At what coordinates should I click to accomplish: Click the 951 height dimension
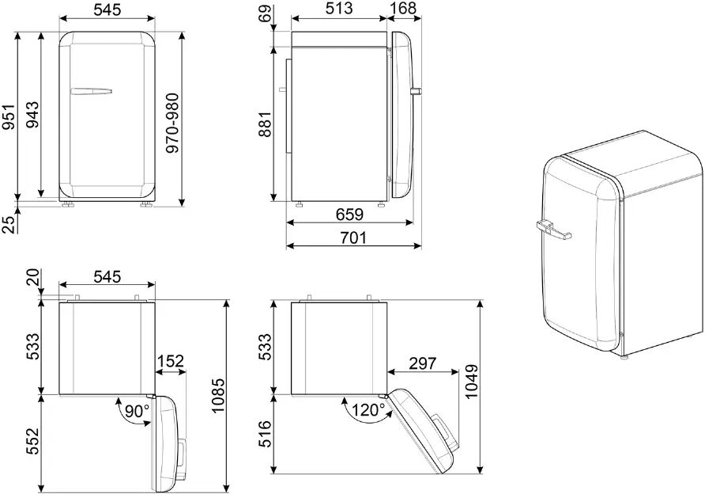[x=9, y=116]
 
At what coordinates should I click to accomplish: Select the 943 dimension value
[x=32, y=115]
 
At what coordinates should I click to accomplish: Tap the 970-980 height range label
[x=172, y=123]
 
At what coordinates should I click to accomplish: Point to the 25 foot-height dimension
[x=9, y=224]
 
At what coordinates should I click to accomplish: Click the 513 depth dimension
[x=339, y=8]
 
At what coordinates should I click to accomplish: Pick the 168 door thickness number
[x=403, y=8]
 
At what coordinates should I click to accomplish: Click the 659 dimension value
[x=350, y=215]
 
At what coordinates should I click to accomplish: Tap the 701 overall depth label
[x=353, y=237]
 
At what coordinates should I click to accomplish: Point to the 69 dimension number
[x=266, y=13]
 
